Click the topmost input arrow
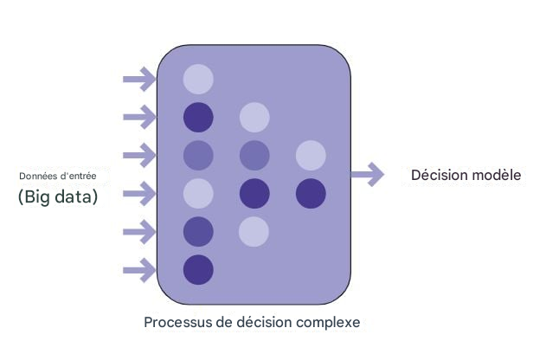tap(139, 80)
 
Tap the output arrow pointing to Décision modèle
tap(367, 175)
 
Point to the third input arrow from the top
tap(139, 156)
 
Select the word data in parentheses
tap(77, 197)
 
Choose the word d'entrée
tap(77, 177)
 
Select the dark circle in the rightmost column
tap(311, 193)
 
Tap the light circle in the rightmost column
tap(311, 156)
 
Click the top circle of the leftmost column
tap(198, 80)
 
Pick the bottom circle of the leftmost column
tap(198, 270)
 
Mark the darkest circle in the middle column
tap(254, 193)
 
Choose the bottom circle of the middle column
tap(254, 231)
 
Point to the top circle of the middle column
tap(254, 118)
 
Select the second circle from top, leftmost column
tap(198, 118)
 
